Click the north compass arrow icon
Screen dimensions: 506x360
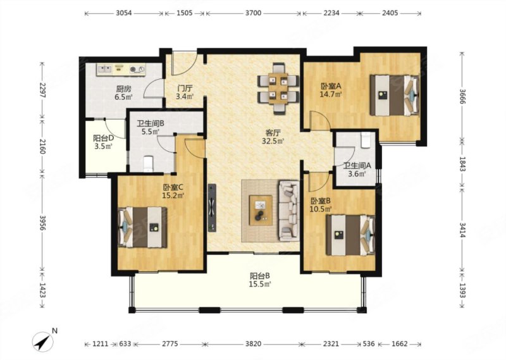coord(42,342)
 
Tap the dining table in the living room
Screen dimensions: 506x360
coord(278,89)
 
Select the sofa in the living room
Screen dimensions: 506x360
coord(289,211)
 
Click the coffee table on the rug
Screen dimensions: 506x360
coord(261,211)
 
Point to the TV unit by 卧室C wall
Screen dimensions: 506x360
coord(212,208)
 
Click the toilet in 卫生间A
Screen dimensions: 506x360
coord(366,140)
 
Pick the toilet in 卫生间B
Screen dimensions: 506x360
coord(148,164)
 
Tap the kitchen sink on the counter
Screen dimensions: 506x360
coord(104,69)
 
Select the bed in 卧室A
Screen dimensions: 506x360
coord(394,95)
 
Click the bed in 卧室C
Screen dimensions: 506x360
coord(143,227)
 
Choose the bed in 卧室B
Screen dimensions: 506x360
coord(350,235)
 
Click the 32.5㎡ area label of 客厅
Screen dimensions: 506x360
coord(273,140)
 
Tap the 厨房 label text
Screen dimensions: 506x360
coord(123,89)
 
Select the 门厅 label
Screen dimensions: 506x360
coord(185,88)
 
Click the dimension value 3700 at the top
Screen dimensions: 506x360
coord(253,13)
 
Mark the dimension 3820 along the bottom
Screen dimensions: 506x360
coord(253,344)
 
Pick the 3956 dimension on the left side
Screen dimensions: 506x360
coord(42,222)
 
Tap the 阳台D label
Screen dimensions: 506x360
coord(103,138)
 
